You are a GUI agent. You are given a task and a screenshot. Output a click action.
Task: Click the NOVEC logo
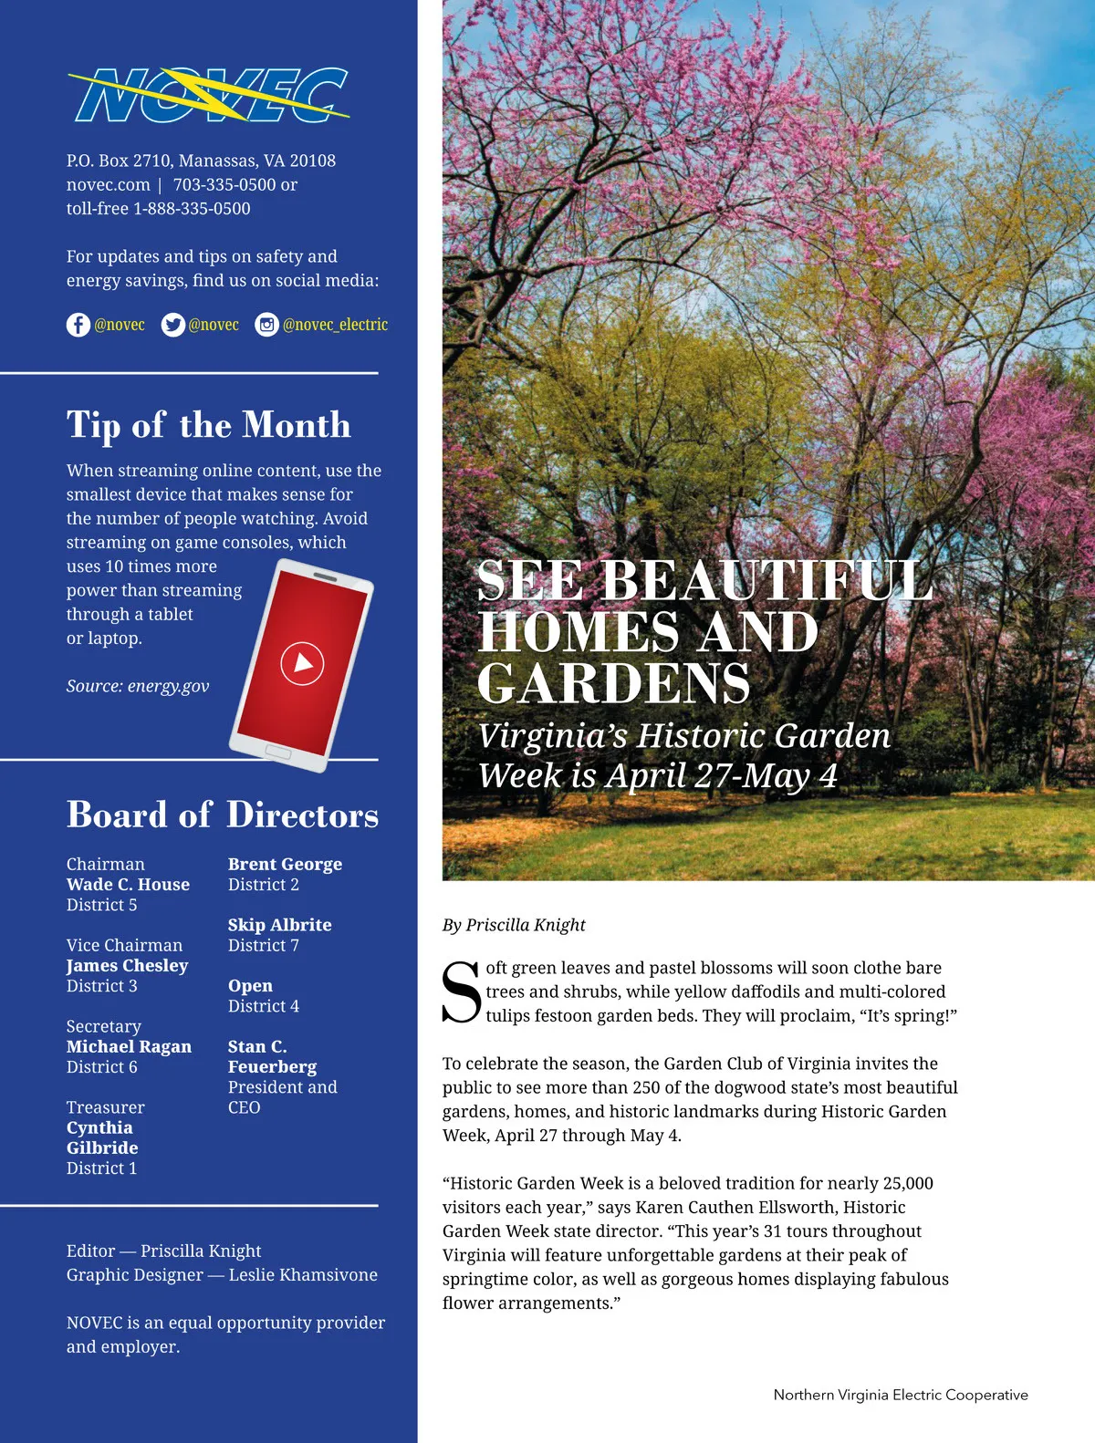click(209, 96)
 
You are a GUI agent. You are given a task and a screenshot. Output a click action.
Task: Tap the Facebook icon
click(78, 325)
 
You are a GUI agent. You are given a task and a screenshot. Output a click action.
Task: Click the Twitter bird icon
click(172, 325)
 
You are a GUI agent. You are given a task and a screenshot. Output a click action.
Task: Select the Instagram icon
click(266, 325)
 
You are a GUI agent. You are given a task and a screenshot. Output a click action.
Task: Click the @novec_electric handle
click(335, 325)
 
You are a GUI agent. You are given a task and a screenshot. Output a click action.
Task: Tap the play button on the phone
click(302, 663)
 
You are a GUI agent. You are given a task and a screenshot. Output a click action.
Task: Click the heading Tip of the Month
click(208, 425)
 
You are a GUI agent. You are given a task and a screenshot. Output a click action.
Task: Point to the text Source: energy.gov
click(138, 686)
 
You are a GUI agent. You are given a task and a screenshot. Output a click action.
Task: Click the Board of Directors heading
click(222, 815)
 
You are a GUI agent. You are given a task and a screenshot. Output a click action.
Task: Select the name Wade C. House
click(128, 885)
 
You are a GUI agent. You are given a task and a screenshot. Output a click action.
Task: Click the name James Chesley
click(127, 966)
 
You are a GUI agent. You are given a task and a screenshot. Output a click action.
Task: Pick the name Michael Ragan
click(129, 1047)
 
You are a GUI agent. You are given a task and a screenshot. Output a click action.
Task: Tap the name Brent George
click(285, 864)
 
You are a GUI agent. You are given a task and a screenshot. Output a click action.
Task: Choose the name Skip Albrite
click(279, 925)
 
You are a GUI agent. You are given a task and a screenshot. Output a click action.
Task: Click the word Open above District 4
click(250, 986)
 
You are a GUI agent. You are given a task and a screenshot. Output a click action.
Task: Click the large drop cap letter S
click(461, 992)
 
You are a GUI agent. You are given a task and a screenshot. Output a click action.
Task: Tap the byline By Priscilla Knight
click(514, 925)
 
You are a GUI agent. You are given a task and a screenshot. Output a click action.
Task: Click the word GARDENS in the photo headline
click(613, 683)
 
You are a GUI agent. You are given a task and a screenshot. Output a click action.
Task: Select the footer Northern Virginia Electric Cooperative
click(901, 1395)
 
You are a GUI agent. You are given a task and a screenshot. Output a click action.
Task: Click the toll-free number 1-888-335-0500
click(192, 209)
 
